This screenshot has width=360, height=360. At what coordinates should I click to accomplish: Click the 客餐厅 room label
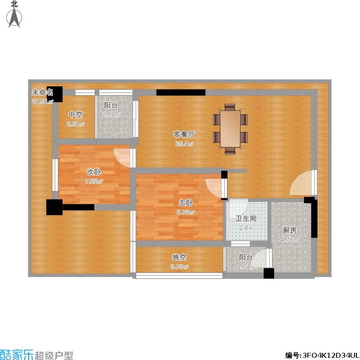tap(184, 134)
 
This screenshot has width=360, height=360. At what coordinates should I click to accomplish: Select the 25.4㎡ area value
tap(184, 144)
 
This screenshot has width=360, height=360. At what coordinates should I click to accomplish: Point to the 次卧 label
tap(94, 172)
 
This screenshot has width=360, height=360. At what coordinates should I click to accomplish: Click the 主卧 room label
tap(185, 203)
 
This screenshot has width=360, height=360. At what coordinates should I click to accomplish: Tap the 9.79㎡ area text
tap(185, 212)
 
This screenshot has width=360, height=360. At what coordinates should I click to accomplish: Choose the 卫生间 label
tap(246, 218)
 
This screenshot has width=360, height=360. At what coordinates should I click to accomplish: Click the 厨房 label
tap(290, 230)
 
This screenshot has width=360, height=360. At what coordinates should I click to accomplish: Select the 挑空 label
tap(179, 257)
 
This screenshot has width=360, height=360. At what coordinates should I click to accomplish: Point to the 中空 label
tap(75, 114)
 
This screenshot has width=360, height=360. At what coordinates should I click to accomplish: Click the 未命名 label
tap(42, 92)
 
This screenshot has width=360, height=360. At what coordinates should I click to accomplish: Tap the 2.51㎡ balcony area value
tap(111, 115)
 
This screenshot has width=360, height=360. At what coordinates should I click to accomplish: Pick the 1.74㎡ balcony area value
tap(246, 267)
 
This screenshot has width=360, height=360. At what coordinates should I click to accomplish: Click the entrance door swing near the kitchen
tap(301, 183)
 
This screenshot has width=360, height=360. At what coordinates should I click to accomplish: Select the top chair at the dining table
tap(230, 107)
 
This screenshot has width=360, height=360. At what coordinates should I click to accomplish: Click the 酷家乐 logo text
tap(17, 354)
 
